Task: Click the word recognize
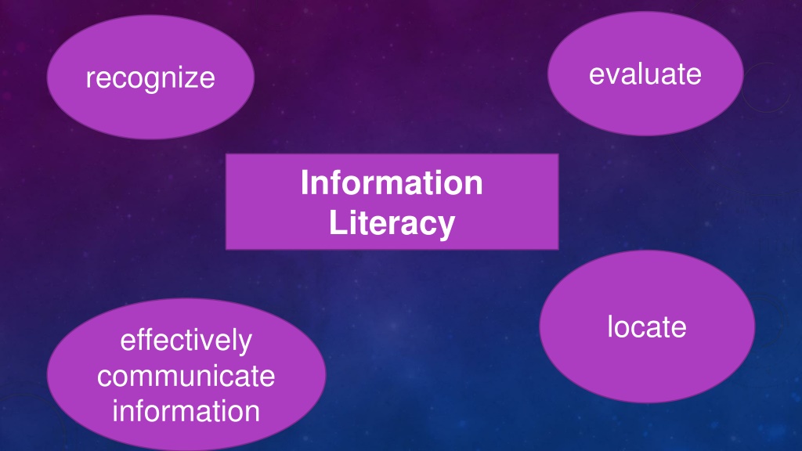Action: tap(150, 79)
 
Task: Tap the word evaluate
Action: tap(645, 74)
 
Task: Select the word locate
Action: tap(646, 327)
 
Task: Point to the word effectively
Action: tap(186, 341)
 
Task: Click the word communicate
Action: tap(186, 377)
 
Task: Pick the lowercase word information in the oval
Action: tap(186, 411)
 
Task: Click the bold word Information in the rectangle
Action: tap(392, 182)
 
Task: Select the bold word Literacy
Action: tap(392, 224)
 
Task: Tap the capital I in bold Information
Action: tap(305, 182)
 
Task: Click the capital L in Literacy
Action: tap(338, 222)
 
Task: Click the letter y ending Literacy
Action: tap(446, 228)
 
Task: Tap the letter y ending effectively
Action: tap(244, 345)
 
